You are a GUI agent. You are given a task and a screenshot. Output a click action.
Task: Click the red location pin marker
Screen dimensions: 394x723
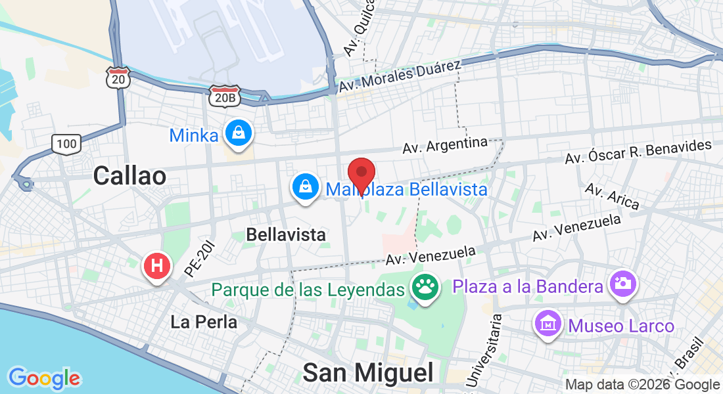tap(361, 174)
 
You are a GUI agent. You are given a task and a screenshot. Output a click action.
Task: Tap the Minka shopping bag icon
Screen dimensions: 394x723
tap(237, 133)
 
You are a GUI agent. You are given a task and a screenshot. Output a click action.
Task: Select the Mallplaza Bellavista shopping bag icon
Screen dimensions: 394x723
tap(306, 187)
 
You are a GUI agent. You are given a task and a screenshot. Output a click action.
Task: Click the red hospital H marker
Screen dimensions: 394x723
tap(157, 267)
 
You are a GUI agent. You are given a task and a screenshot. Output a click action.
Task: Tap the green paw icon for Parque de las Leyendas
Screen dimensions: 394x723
tap(425, 288)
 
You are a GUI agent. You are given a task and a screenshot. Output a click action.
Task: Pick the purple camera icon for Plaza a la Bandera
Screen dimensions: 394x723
tap(622, 284)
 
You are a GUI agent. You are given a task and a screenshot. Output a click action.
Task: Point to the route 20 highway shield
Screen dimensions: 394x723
tap(119, 77)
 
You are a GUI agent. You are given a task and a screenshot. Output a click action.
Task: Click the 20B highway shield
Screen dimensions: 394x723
tap(225, 97)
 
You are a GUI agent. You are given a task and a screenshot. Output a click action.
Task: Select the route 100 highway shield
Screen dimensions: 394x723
tap(66, 143)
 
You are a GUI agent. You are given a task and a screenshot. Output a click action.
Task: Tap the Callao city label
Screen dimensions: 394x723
tap(129, 175)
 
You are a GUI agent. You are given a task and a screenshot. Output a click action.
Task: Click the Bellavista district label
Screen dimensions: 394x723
tap(286, 234)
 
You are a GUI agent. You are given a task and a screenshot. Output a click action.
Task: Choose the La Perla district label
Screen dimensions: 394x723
tap(204, 322)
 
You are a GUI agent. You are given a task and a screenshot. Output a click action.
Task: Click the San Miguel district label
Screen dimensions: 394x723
tap(368, 372)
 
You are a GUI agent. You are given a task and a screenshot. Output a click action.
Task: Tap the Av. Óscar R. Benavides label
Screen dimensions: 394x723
tap(638, 152)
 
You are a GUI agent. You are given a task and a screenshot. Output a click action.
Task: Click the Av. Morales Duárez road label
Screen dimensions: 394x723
tap(401, 76)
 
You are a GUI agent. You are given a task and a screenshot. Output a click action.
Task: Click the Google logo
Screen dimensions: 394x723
tap(44, 378)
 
